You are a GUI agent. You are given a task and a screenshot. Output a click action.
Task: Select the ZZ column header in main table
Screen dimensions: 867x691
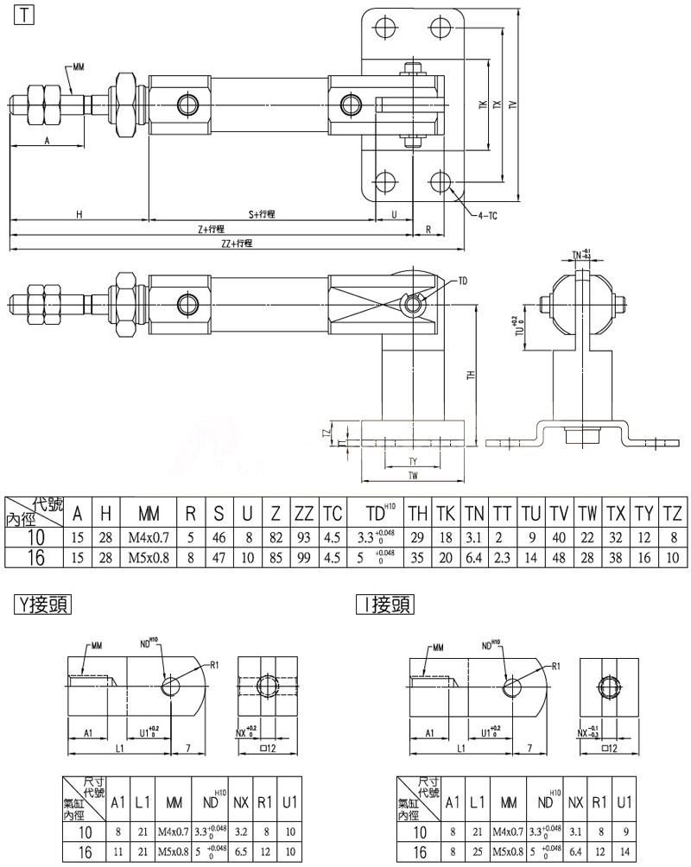coord(303,513)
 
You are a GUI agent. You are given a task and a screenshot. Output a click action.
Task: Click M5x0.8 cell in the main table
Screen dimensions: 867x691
coord(149,557)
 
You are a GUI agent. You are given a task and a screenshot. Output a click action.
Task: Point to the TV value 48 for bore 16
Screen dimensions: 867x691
coord(559,557)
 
